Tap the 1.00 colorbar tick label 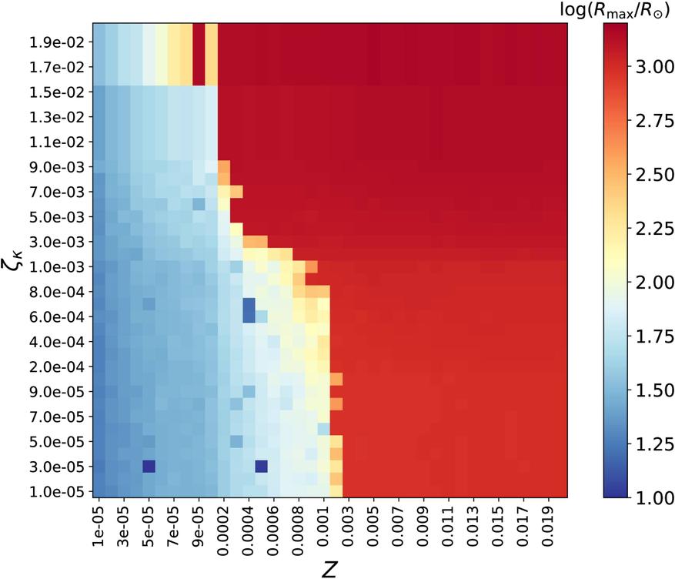(x=653, y=498)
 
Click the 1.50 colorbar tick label (x=653, y=391)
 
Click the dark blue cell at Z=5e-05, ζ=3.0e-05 (x=149, y=466)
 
